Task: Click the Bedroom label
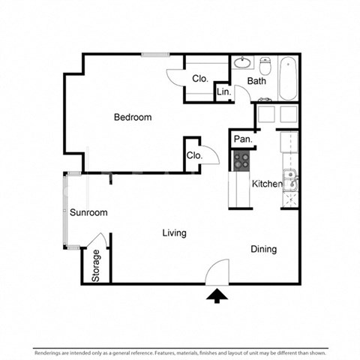tap(133, 117)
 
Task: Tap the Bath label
tap(257, 81)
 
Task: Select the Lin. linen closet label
tap(223, 92)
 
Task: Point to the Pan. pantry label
tap(242, 139)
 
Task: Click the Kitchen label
tap(266, 184)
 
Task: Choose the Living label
tap(174, 233)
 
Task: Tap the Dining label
tap(263, 249)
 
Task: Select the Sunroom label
tap(88, 212)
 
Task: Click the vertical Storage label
tap(96, 266)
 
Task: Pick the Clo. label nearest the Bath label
tap(199, 79)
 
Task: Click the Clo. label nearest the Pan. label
tap(194, 155)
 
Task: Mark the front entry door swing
tap(218, 271)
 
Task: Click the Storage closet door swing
tap(94, 241)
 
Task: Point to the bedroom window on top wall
tap(154, 54)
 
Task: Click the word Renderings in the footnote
tap(49, 352)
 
